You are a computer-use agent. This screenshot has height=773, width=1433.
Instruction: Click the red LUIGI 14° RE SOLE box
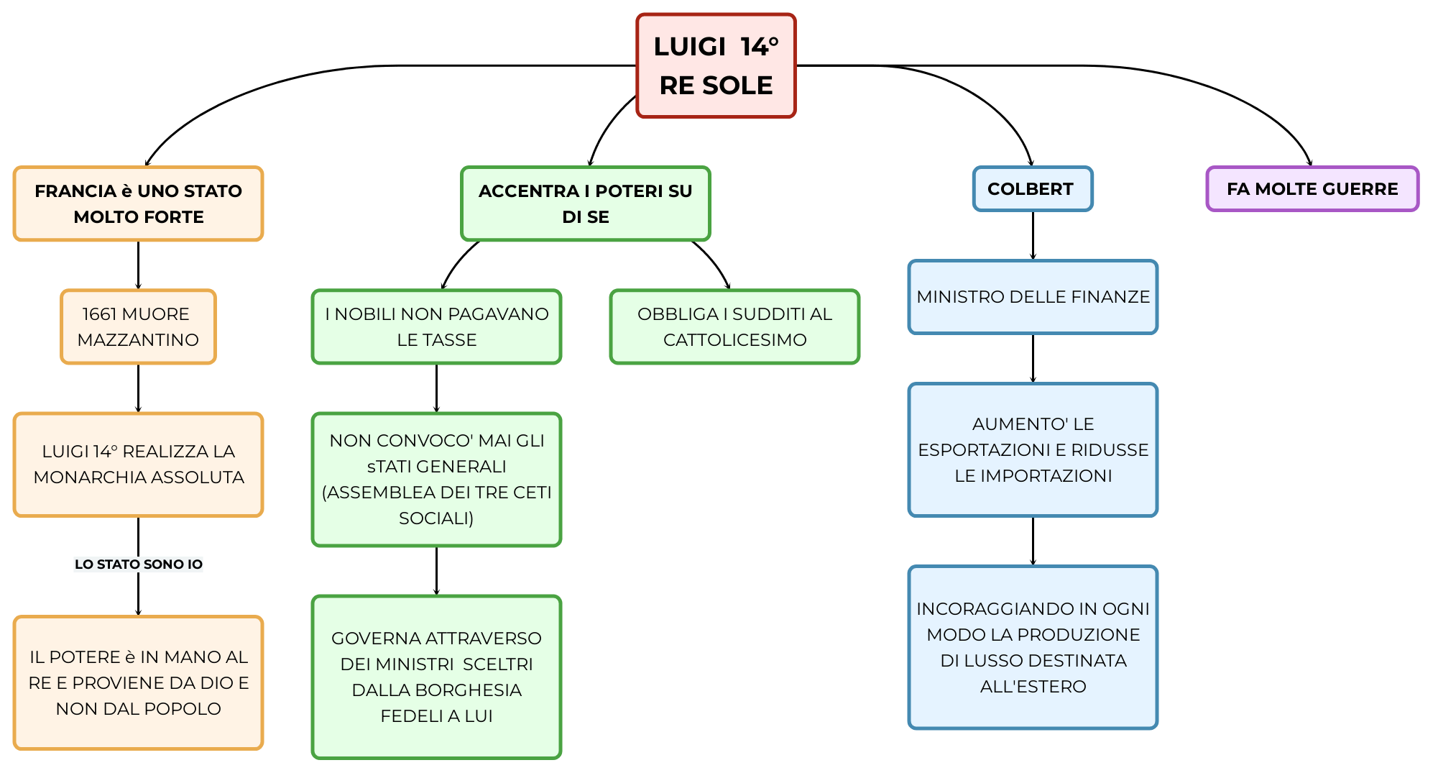coord(716,65)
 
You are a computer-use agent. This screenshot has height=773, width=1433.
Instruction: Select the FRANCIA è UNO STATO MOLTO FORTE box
coord(138,203)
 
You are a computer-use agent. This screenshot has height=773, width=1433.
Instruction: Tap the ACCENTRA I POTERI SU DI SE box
coord(585,203)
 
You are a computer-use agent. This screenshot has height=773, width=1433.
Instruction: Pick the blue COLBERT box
coord(1032,189)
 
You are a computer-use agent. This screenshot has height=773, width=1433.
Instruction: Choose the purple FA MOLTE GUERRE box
coord(1312,189)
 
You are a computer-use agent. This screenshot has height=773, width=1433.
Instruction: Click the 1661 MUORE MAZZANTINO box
coord(138,326)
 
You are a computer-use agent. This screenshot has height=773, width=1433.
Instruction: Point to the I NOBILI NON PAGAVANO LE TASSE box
coord(436,326)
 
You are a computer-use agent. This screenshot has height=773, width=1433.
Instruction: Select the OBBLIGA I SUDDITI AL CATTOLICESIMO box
coord(734,326)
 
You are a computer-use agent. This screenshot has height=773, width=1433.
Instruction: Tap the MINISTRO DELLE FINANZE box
coord(1033,297)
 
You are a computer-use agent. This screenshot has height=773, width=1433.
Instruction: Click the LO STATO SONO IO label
coord(138,564)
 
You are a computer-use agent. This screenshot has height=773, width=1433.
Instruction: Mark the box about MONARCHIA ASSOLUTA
coord(138,464)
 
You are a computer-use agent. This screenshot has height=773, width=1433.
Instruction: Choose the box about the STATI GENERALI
coord(436,479)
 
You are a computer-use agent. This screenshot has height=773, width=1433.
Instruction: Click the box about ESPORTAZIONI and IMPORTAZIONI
coord(1033,449)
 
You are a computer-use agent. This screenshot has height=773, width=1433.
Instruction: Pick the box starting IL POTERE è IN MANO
coord(138,682)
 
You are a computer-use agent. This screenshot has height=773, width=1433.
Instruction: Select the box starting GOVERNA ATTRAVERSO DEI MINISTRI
coord(436,677)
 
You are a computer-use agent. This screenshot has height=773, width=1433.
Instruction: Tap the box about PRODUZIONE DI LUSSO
coord(1033,647)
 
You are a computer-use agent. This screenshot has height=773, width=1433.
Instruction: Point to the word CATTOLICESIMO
coord(734,340)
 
